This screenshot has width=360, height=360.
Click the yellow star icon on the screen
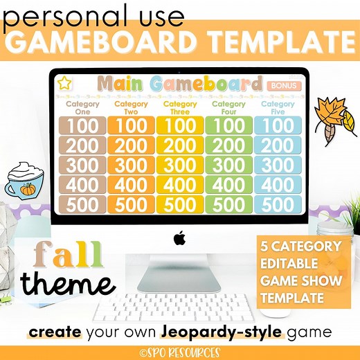click(x=64, y=84)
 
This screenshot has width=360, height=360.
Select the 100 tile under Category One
click(x=83, y=126)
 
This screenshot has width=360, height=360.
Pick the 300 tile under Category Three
click(x=181, y=165)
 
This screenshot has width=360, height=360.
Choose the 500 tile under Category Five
click(x=278, y=204)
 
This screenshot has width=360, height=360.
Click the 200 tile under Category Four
click(x=229, y=145)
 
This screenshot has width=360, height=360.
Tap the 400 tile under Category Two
click(x=132, y=185)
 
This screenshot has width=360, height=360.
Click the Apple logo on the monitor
click(x=180, y=239)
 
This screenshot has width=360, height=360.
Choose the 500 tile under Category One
click(x=83, y=204)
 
